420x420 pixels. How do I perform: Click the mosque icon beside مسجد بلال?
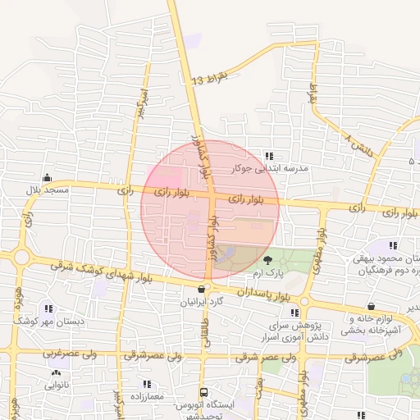(x=48, y=176)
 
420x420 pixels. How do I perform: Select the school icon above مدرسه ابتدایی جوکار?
(x=270, y=155)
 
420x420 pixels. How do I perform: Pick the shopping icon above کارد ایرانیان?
(x=202, y=289)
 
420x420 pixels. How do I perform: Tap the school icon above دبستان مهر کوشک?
(x=49, y=309)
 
